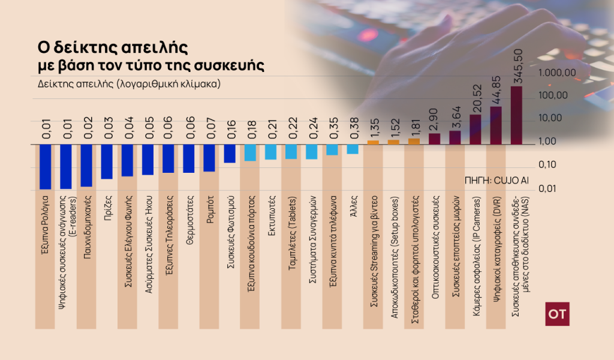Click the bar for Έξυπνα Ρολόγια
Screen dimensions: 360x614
tap(45, 167)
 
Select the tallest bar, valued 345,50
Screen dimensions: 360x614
tap(516, 115)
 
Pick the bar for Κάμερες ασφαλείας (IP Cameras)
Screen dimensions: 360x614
tap(475, 130)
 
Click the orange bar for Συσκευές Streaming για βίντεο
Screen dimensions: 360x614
tap(373, 142)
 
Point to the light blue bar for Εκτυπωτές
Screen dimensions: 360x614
tap(271, 152)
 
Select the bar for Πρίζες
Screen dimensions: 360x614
tap(107, 161)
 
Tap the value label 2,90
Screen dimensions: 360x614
tap(435, 120)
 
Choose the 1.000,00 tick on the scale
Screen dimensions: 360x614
tap(557, 73)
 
